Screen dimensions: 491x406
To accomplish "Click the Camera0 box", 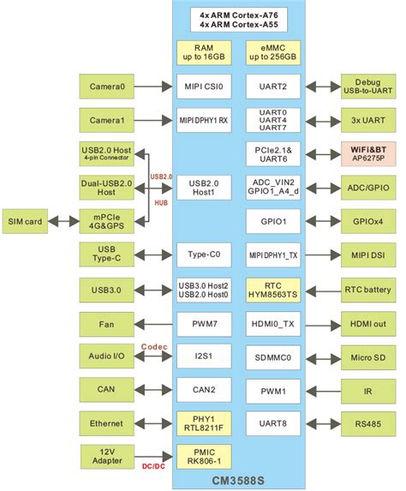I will pyautogui.click(x=107, y=87).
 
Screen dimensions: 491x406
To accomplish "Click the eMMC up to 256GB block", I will pyautogui.click(x=272, y=53).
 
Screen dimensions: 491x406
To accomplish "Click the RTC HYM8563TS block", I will pyautogui.click(x=272, y=290).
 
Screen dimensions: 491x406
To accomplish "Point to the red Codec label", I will pyautogui.click(x=155, y=346).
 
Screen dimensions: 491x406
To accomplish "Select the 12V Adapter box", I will pyautogui.click(x=107, y=456).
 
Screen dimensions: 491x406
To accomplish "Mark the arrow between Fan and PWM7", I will pyautogui.click(x=155, y=324).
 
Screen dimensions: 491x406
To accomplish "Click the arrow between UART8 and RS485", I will pyautogui.click(x=318, y=422).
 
